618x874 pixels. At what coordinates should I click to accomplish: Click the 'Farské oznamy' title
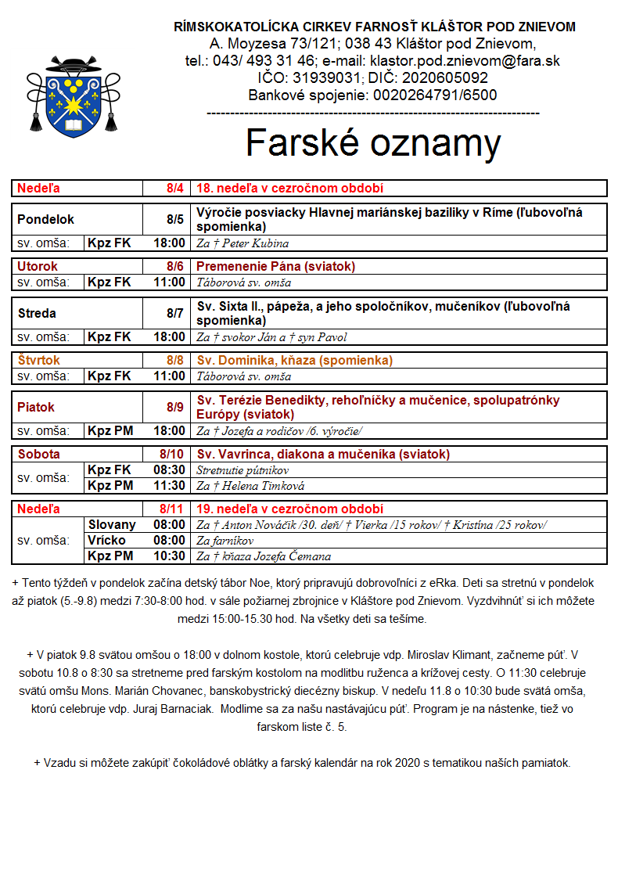click(x=373, y=143)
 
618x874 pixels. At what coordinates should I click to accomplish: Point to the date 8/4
click(x=174, y=189)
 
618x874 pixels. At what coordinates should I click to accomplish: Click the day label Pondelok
click(x=46, y=220)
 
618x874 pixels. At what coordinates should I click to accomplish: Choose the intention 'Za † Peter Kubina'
click(x=243, y=243)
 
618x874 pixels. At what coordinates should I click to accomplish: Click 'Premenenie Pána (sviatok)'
click(x=275, y=267)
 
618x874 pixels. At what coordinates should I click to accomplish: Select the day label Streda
click(x=38, y=314)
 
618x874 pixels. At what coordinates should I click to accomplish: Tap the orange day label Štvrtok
click(x=39, y=361)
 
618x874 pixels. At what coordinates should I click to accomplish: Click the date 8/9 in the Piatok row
click(x=174, y=408)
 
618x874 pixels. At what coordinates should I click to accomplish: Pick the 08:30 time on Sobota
click(x=170, y=470)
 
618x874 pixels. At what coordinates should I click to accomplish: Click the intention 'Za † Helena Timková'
click(x=250, y=486)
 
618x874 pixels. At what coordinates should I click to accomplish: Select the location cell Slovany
click(x=112, y=525)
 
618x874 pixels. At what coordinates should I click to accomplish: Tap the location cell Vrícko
click(x=107, y=541)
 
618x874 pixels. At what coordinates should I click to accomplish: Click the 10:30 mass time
click(x=170, y=556)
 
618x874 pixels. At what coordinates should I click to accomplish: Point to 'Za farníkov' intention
click(x=225, y=541)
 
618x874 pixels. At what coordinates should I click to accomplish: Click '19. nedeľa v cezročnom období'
click(x=289, y=509)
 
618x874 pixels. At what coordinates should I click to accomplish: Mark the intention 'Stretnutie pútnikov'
click(x=243, y=470)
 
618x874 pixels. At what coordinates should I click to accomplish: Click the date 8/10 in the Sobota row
click(x=171, y=455)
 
